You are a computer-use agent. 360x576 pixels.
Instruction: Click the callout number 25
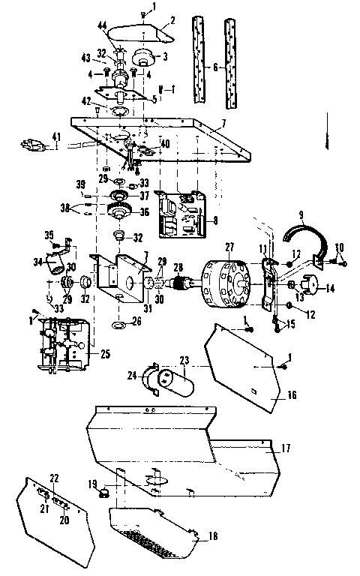(105, 352)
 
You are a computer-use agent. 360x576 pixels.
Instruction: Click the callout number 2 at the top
(172, 20)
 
